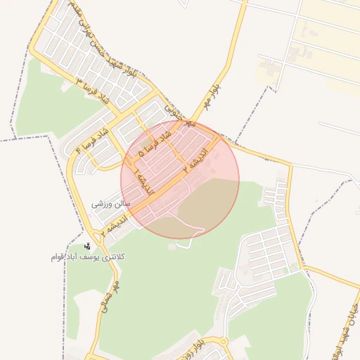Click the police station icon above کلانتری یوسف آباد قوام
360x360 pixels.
point(87,246)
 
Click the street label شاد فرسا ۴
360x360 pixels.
point(91,141)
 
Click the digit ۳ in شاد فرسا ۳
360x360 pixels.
point(79,83)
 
